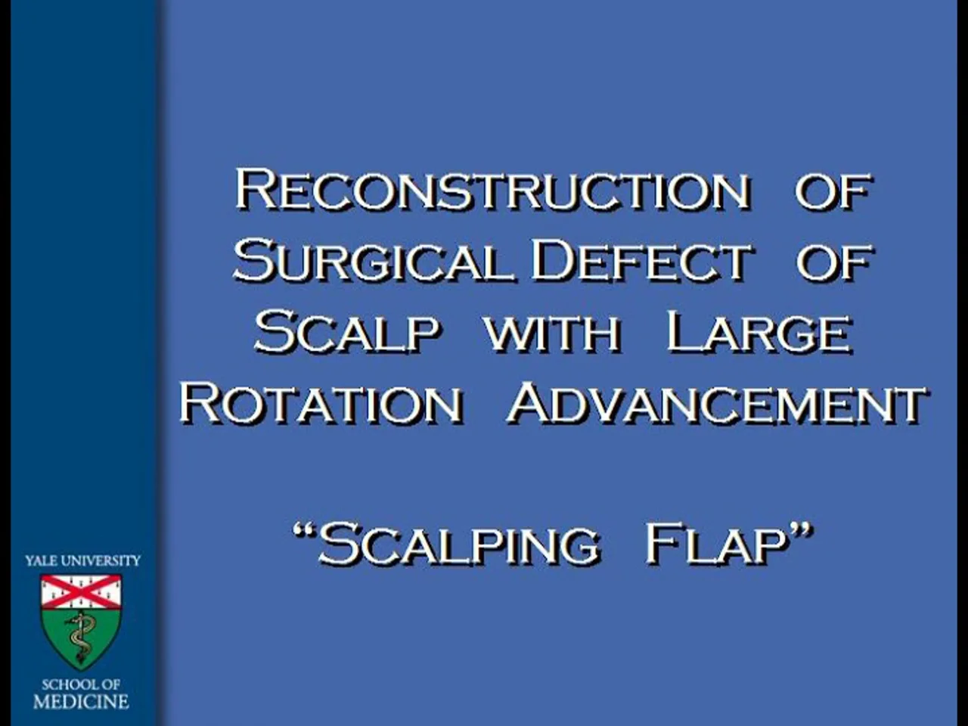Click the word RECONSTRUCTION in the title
(493, 189)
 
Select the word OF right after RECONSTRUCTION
(833, 191)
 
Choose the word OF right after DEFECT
(834, 262)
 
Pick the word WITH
(553, 334)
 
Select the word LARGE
(759, 334)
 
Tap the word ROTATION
(321, 404)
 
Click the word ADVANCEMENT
(717, 404)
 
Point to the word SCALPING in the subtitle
(459, 544)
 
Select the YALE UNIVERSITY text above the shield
(82, 560)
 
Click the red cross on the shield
(81, 591)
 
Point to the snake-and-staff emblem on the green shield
(79, 637)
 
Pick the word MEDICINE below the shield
(81, 702)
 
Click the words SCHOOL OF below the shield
(81, 684)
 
